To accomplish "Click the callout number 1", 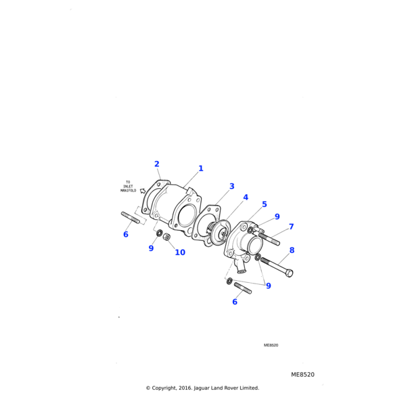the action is (201, 168).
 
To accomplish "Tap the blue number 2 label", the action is (157, 164).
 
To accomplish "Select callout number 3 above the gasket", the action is (231, 186).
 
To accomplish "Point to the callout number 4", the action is (246, 198).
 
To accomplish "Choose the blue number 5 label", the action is (264, 204).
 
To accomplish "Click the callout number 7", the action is (291, 227).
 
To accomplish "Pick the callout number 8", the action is (292, 250).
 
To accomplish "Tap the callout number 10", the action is (180, 252).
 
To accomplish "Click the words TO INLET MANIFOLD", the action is (128, 187).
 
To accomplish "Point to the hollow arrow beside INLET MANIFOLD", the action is (142, 191).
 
